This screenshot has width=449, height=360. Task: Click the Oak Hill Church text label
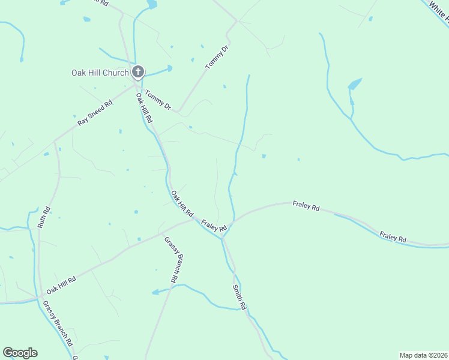[100, 73]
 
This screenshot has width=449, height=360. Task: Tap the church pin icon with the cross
[138, 73]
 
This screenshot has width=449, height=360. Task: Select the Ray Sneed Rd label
[95, 113]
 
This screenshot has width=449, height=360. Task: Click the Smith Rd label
[240, 297]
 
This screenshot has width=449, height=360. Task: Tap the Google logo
[20, 353]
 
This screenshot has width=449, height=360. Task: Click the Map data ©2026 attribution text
[423, 355]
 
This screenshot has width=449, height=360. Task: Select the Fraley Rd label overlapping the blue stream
[393, 236]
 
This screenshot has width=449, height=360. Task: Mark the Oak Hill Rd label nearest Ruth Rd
[61, 284]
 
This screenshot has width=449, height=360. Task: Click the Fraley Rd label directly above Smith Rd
[214, 226]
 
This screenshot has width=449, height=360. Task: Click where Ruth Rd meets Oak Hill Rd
[40, 297]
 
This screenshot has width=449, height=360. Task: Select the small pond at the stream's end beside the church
[170, 68]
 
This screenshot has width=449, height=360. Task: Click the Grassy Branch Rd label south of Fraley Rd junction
[171, 259]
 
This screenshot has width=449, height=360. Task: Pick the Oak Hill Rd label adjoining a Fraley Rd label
[182, 204]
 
